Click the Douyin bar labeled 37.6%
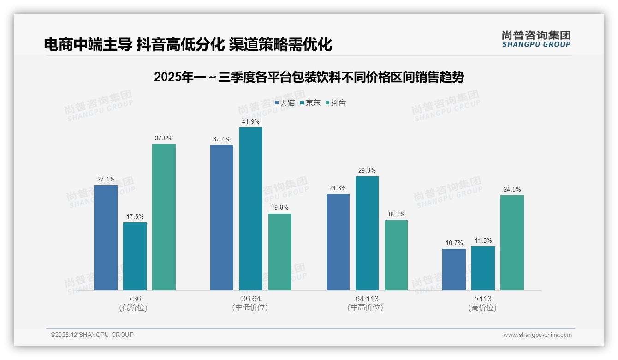(x=164, y=217)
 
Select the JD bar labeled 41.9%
(x=250, y=209)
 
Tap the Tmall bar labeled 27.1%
(x=106, y=237)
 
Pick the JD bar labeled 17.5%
(x=135, y=256)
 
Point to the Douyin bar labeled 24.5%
(x=512, y=242)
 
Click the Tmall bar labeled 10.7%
(x=454, y=270)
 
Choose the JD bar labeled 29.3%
(x=367, y=233)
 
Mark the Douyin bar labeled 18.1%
(x=396, y=255)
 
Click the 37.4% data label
(x=221, y=139)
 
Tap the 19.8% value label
(x=279, y=207)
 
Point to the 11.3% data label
(x=482, y=240)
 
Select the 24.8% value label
(x=338, y=188)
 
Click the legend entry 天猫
(x=285, y=103)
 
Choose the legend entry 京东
(x=310, y=103)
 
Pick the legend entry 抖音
(x=336, y=103)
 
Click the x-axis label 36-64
(x=250, y=299)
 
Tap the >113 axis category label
(x=482, y=299)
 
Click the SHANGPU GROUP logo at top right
(x=536, y=39)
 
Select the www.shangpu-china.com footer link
(x=537, y=335)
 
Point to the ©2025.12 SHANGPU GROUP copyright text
(x=92, y=335)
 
